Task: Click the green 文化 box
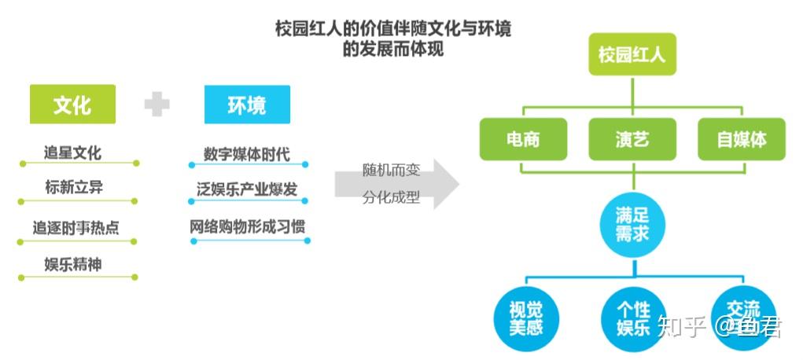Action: coord(72,105)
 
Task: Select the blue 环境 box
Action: coord(247,105)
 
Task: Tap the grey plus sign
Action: coord(157,104)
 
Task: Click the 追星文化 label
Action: coord(72,152)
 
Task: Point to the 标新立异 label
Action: coord(74,187)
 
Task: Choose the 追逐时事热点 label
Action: coord(76,228)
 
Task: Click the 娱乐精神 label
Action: coord(73,264)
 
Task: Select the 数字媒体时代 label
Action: coord(246,153)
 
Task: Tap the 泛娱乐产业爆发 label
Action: coord(247,190)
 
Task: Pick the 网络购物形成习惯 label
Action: coord(247,227)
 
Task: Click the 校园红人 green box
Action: coord(632,55)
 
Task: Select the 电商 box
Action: coord(523,139)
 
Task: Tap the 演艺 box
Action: coord(632,139)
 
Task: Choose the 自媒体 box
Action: coord(741,139)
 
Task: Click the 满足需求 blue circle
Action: coord(632,225)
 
